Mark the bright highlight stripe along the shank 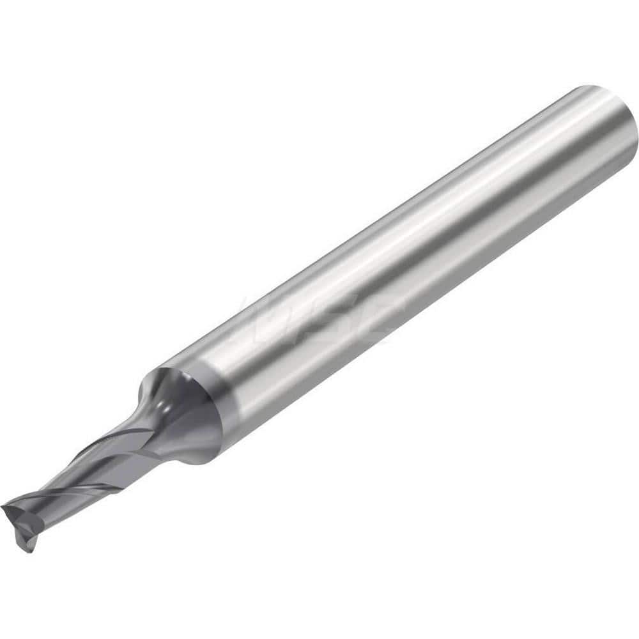coord(383,211)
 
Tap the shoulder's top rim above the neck coord(153,371)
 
